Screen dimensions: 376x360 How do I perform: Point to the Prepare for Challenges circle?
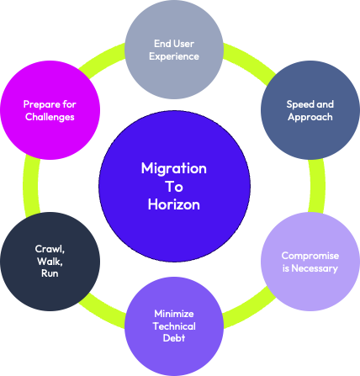(x=49, y=109)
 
